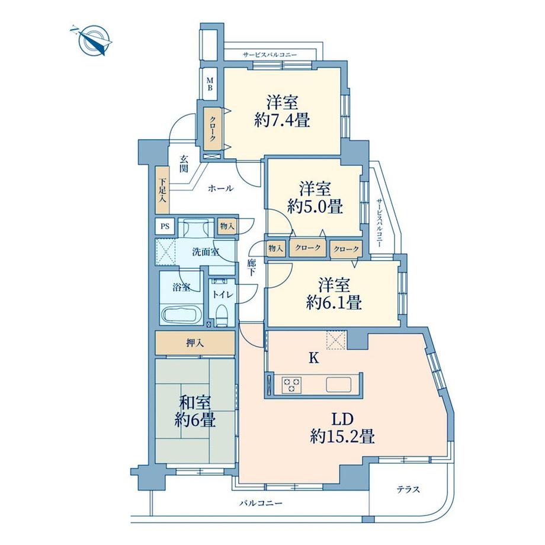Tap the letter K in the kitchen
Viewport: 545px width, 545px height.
click(315, 358)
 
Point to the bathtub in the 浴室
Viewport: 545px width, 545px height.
click(180, 313)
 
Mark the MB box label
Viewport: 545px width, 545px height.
click(210, 84)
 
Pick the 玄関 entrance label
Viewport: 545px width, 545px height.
click(184, 163)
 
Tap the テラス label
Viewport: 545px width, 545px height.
click(408, 489)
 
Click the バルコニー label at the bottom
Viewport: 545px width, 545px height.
click(261, 504)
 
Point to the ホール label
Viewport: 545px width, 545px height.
click(220, 188)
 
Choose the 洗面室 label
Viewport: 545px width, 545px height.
click(206, 252)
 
